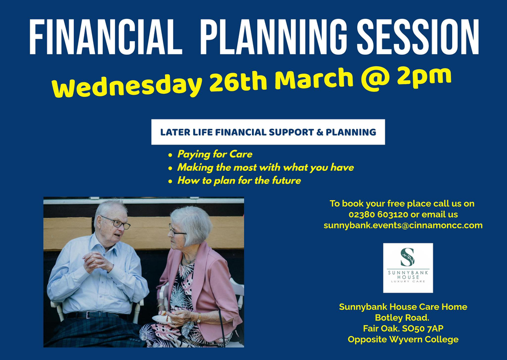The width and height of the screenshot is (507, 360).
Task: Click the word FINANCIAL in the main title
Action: (106, 37)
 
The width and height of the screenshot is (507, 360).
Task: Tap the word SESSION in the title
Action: (417, 37)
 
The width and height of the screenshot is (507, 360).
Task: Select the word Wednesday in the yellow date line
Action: (127, 86)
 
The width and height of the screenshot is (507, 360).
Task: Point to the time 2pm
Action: (424, 77)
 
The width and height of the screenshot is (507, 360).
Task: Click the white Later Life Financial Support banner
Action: (268, 132)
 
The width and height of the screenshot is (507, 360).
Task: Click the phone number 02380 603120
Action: (378, 214)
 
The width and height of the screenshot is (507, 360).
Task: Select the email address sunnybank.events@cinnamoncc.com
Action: (403, 225)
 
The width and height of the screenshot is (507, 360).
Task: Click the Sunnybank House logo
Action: (408, 268)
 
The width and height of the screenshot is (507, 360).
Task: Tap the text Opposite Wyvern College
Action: (403, 339)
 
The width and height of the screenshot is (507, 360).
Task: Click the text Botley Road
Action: (402, 318)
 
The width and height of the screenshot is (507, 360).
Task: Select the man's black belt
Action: (97, 315)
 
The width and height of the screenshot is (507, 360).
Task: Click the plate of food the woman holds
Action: (163, 318)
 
